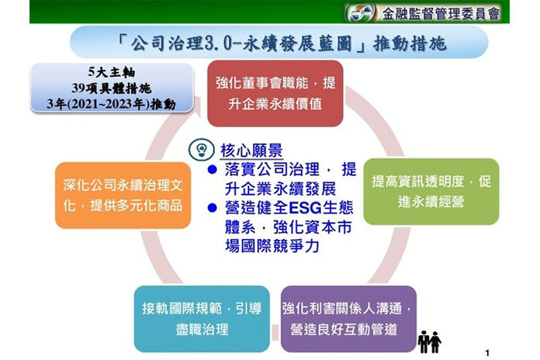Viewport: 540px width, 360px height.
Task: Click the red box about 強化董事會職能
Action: [275, 93]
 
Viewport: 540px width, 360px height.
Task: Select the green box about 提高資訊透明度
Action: [431, 192]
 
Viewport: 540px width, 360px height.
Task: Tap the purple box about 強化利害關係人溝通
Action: [348, 319]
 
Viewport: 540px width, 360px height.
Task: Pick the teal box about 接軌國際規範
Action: [202, 319]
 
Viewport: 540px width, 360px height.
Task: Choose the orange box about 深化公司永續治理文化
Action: [123, 196]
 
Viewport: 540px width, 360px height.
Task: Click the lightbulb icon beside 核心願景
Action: [202, 150]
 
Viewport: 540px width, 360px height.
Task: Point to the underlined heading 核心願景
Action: [251, 151]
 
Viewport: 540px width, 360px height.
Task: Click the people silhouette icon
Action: [429, 341]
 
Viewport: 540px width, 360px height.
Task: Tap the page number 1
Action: [487, 353]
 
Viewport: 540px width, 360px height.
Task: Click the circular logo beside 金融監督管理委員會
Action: [360, 13]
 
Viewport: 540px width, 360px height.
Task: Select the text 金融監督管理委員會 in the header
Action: [441, 14]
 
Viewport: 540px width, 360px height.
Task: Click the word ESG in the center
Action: [305, 208]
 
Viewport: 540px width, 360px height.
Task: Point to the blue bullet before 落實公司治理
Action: [212, 169]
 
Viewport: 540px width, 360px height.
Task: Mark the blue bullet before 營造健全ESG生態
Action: [212, 208]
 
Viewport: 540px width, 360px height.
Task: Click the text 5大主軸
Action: [112, 72]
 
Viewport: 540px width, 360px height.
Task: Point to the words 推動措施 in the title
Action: [409, 43]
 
